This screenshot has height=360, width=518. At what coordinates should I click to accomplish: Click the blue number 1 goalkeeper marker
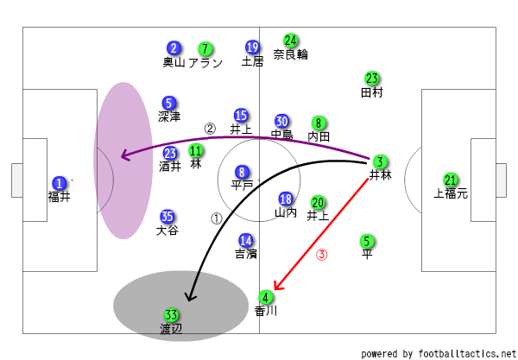tap(59, 183)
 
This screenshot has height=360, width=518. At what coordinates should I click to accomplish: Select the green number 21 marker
tap(450, 180)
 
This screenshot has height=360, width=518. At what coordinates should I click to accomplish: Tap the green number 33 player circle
tap(171, 316)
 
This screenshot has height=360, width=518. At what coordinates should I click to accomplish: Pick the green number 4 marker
tap(266, 297)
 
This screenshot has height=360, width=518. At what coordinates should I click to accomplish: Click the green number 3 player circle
tap(380, 161)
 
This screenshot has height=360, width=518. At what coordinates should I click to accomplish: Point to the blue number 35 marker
tap(167, 217)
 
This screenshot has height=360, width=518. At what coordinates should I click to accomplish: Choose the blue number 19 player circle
tap(252, 47)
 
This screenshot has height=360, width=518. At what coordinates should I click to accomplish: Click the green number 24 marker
tap(291, 40)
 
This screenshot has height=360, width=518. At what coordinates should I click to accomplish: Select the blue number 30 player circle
tap(282, 121)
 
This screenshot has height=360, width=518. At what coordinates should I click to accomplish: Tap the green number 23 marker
tap(372, 79)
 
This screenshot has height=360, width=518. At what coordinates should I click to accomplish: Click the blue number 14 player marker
tap(246, 240)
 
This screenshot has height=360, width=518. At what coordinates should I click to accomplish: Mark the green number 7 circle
tap(205, 48)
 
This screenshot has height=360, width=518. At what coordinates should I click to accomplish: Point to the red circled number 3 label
tap(322, 255)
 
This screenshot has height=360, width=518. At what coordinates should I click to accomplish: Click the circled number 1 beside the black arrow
tap(217, 218)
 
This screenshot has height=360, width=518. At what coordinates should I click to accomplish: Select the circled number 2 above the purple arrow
tap(209, 128)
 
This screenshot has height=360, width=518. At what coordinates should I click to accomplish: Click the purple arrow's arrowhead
tap(123, 156)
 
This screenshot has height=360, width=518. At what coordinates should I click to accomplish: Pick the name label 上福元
tap(451, 194)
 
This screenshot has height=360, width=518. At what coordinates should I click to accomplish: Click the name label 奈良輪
tap(291, 54)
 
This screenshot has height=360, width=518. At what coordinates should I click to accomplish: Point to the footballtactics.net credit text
tap(438, 354)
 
